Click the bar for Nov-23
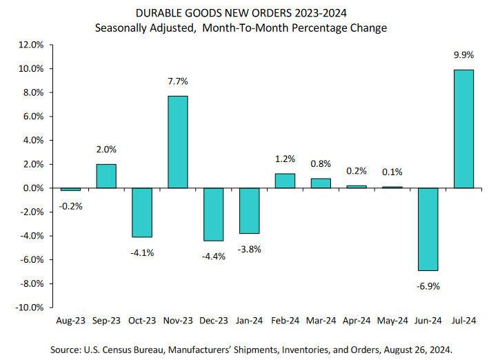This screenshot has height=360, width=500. pyautogui.click(x=178, y=142)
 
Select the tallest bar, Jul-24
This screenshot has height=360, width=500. pyautogui.click(x=463, y=129)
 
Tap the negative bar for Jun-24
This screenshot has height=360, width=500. pyautogui.click(x=428, y=229)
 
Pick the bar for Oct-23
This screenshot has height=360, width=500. pyautogui.click(x=142, y=212)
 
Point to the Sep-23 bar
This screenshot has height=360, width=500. pyautogui.click(x=106, y=176)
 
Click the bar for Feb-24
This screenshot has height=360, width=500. pyautogui.click(x=285, y=181)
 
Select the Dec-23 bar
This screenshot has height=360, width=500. pyautogui.click(x=214, y=214)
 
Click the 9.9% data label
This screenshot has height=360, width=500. pyautogui.click(x=463, y=56)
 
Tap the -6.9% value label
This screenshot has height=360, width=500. pyautogui.click(x=428, y=285)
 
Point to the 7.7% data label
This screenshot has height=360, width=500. pyautogui.click(x=178, y=81)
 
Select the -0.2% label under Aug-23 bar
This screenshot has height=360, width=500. pyautogui.click(x=70, y=206)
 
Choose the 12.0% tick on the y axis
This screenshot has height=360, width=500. pyautogui.click(x=31, y=45)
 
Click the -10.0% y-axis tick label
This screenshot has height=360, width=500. pyautogui.click(x=29, y=307)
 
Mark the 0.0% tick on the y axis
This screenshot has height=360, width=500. pyautogui.click(x=32, y=188)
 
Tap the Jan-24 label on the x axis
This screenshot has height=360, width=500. pyautogui.click(x=249, y=321)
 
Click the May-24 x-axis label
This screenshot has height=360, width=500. pyautogui.click(x=392, y=321)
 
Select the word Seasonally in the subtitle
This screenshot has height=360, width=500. pyautogui.click(x=123, y=28)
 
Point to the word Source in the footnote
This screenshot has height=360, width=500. pyautogui.click(x=68, y=350)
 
